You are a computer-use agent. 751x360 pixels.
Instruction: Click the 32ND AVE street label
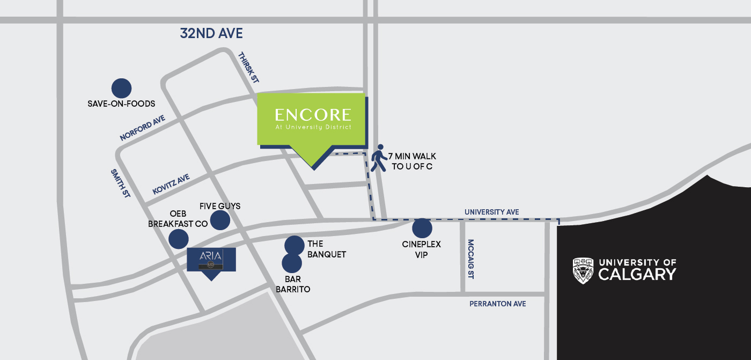tap(211, 34)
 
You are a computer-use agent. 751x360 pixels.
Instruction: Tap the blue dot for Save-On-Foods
tap(121, 89)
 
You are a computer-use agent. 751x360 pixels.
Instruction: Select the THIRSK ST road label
tap(248, 67)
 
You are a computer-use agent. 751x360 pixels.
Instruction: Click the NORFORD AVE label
tap(142, 128)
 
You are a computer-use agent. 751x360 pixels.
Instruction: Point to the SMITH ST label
tap(121, 183)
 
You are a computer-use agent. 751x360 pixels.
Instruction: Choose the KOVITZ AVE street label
tap(171, 184)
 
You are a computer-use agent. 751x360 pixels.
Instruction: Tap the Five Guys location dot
tap(220, 220)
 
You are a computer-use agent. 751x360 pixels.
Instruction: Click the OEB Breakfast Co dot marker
tap(179, 239)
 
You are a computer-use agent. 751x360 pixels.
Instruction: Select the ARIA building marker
tap(211, 260)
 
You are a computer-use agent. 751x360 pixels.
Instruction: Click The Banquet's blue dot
tap(294, 245)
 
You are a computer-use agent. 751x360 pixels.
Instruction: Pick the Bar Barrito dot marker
tap(292, 263)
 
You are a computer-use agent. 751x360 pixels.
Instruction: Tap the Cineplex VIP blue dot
tap(422, 229)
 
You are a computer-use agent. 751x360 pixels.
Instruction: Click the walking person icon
tap(379, 158)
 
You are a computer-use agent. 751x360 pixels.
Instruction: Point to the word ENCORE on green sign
tap(313, 115)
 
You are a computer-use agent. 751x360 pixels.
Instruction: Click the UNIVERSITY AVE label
tap(492, 212)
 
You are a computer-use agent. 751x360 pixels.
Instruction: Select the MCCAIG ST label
tap(470, 259)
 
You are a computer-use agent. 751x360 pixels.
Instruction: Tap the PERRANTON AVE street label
tap(498, 304)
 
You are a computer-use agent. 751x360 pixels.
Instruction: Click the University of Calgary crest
tap(583, 270)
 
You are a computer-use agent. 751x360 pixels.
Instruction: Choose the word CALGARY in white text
tap(637, 275)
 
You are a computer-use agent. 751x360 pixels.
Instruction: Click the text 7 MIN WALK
tap(412, 157)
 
